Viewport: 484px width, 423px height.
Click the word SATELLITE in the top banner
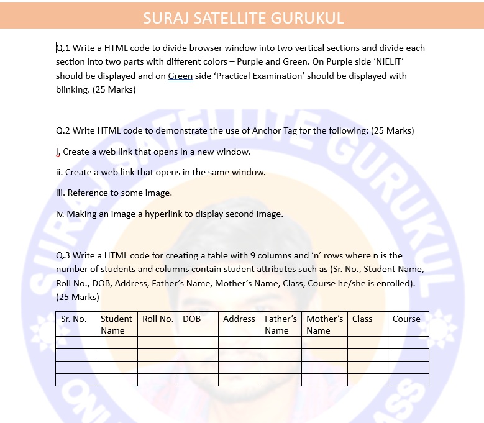(225, 18)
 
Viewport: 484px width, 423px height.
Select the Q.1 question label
(64, 48)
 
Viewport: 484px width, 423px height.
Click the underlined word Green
(180, 76)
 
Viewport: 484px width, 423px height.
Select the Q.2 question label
(64, 130)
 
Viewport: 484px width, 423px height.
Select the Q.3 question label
(64, 255)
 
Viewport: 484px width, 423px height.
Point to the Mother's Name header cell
(324, 324)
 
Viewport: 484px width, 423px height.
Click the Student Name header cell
(116, 324)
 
